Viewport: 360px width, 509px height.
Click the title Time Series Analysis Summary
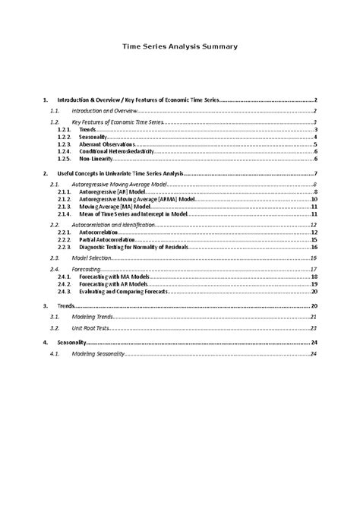click(180, 46)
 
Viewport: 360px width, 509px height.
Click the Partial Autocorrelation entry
click(107, 239)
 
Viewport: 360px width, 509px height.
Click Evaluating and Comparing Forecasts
click(122, 292)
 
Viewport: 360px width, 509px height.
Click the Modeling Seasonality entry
click(96, 355)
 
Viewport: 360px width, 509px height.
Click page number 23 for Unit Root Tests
click(313, 328)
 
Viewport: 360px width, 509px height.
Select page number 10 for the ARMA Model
click(313, 200)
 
